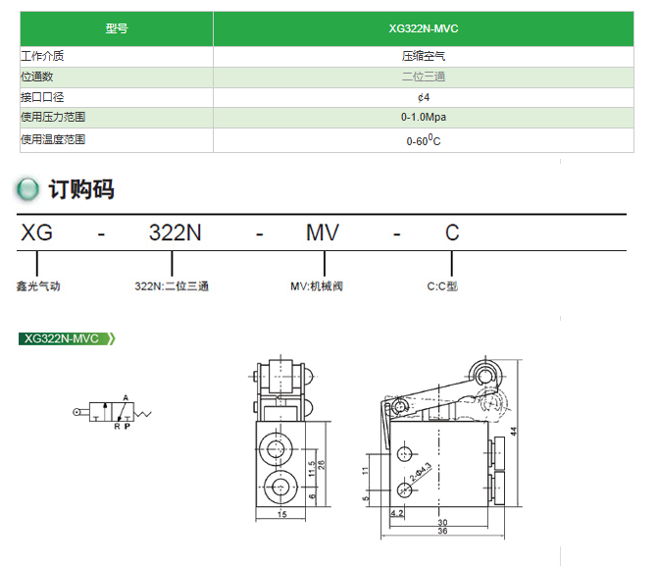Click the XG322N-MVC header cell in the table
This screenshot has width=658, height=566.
[x=424, y=28]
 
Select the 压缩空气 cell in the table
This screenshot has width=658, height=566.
[x=424, y=56]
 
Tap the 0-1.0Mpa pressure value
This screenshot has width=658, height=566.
[x=424, y=117]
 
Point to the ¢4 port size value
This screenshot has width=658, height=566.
[x=424, y=97]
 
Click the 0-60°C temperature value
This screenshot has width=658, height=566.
[x=424, y=140]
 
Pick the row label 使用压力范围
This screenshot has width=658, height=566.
[x=53, y=117]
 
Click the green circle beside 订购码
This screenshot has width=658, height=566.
[x=28, y=189]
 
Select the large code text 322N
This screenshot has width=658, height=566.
[x=176, y=232]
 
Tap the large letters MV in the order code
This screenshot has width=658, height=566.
[x=323, y=232]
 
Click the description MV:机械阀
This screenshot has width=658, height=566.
[x=317, y=286]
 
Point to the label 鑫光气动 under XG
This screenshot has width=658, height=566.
[x=38, y=286]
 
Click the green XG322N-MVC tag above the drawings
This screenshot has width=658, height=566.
[x=67, y=338]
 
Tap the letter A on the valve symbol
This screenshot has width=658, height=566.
[x=126, y=397]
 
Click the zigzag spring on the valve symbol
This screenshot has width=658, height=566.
[x=142, y=414]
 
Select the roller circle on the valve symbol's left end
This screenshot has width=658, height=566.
[x=76, y=412]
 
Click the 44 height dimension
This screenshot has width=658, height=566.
[x=514, y=432]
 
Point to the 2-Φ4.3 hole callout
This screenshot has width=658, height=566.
[x=420, y=472]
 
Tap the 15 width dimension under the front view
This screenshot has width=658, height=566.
[x=282, y=514]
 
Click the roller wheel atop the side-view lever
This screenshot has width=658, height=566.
[x=485, y=375]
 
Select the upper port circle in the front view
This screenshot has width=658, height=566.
[x=276, y=449]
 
